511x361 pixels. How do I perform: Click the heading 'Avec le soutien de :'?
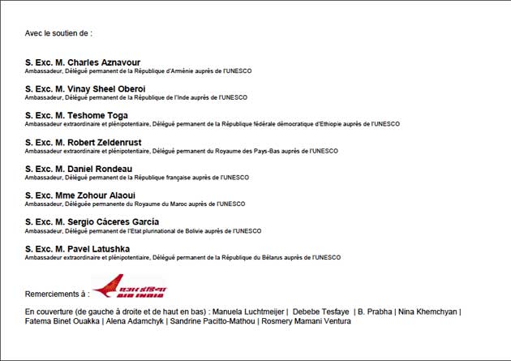(58, 33)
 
